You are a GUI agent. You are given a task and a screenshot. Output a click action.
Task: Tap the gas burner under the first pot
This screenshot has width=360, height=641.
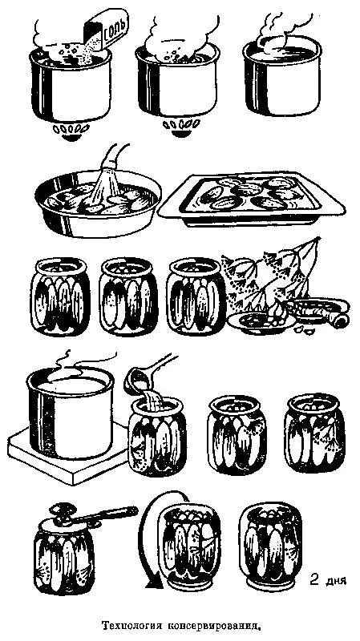point(71,131)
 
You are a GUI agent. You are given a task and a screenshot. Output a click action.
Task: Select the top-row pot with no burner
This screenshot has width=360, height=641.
point(282,75)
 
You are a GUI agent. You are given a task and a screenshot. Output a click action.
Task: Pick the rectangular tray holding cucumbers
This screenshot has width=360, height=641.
point(252,199)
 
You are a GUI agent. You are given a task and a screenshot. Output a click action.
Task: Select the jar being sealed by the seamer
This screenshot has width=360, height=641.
point(63,563)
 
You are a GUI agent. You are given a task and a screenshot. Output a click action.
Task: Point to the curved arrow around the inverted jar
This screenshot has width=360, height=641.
point(149,539)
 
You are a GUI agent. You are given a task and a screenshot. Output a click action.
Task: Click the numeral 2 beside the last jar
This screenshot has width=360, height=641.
point(314,579)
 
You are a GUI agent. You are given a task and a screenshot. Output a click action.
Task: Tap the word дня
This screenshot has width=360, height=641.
point(336,580)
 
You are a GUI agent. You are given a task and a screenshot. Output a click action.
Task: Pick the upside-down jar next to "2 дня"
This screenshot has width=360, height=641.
point(270,545)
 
